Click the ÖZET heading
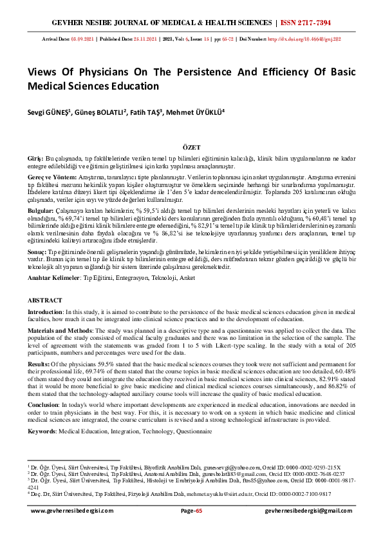(191, 147)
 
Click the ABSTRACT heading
(45, 301)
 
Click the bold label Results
(39, 364)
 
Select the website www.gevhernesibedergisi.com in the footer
(72, 511)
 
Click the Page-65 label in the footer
(191, 511)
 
